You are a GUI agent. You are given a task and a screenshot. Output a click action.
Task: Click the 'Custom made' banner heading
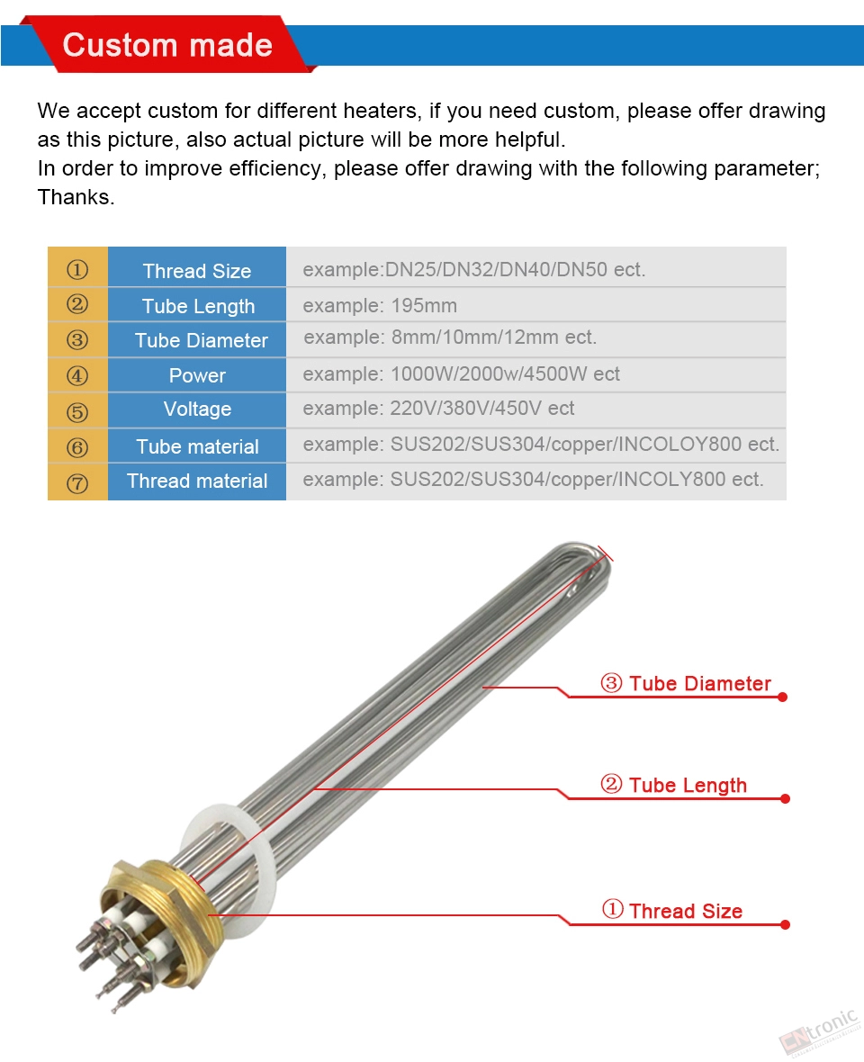167,45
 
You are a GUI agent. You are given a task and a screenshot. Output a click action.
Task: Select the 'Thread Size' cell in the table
196,271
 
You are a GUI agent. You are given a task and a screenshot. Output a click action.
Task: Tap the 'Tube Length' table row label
198,306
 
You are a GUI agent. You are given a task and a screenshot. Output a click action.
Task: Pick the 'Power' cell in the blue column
197,375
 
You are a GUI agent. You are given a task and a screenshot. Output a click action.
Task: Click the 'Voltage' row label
197,409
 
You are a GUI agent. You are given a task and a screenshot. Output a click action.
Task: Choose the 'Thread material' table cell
197,481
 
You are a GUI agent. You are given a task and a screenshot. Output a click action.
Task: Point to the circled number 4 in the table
77,376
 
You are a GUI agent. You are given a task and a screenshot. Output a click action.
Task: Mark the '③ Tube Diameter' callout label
686,683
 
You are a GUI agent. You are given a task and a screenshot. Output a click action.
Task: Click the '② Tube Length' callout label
674,785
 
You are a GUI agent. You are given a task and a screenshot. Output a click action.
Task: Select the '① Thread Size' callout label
672,911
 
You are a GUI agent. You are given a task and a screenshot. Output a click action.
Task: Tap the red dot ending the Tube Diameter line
782,697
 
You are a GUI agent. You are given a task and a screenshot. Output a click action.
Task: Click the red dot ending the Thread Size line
784,924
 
